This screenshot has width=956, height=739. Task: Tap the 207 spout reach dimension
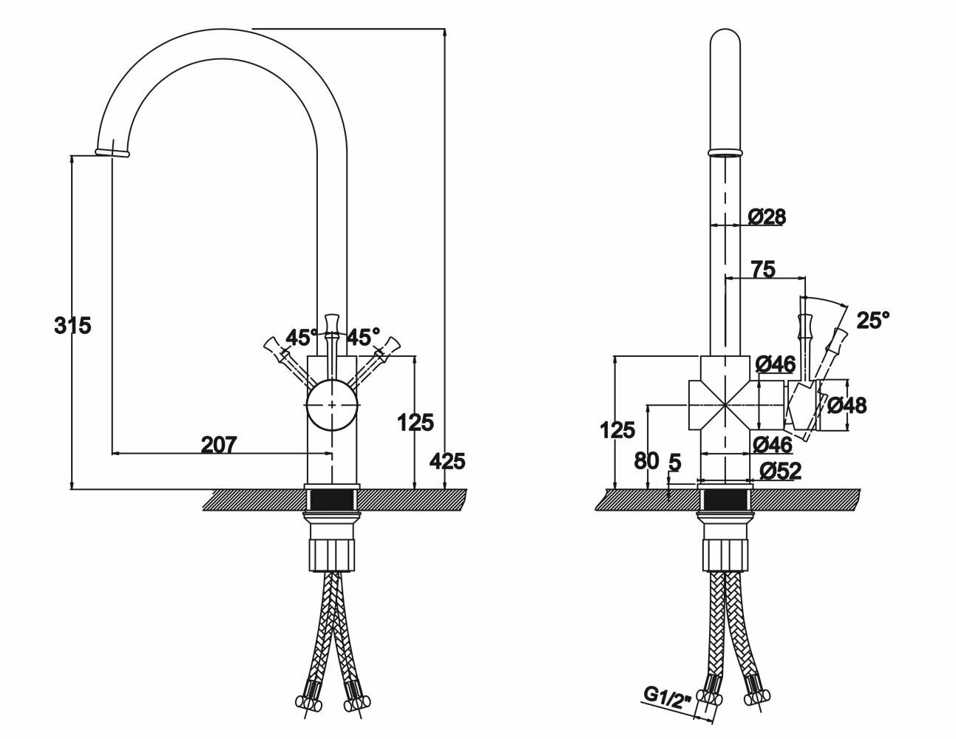coord(218,445)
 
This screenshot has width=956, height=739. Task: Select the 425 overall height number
coord(447,461)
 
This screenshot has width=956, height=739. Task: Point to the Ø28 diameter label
coord(766,217)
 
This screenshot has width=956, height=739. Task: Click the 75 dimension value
coord(762,270)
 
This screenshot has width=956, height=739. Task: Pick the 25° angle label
coord(872,320)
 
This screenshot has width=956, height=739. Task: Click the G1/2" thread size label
coord(667,696)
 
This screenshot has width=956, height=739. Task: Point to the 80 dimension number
coord(645,460)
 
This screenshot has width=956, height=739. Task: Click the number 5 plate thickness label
coord(674,463)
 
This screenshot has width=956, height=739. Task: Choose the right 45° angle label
coord(363,338)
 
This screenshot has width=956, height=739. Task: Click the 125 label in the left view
coord(415,423)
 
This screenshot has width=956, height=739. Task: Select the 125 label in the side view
coord(617,429)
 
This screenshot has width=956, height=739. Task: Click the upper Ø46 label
coord(775,364)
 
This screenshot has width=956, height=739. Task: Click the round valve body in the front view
coord(332,405)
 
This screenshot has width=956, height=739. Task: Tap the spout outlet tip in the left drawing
coord(113,152)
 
